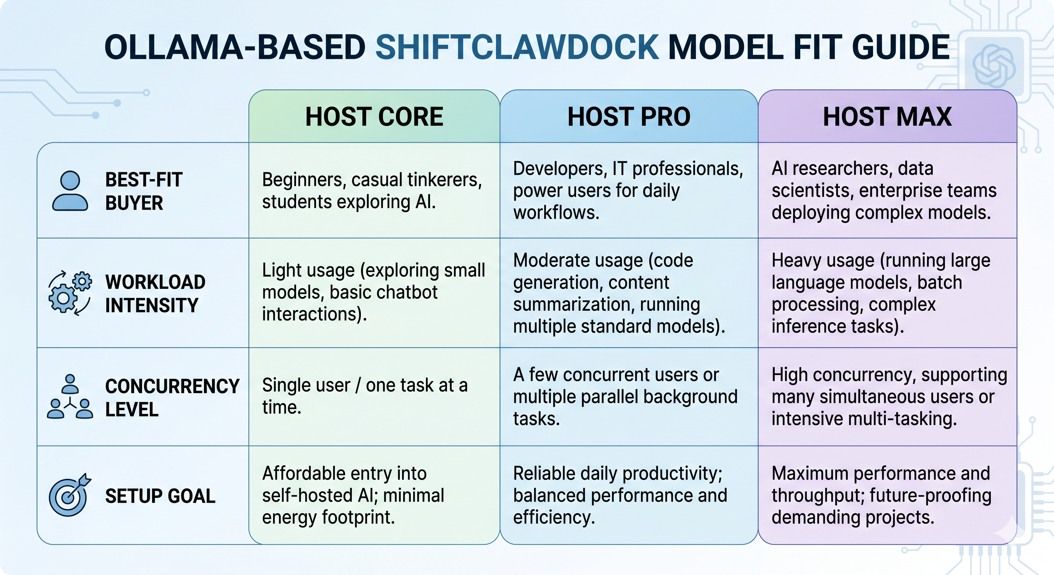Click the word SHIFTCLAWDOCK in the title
[517, 48]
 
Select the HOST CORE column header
[374, 117]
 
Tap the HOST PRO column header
[628, 117]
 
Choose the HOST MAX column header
[887, 117]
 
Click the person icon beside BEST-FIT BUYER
[70, 191]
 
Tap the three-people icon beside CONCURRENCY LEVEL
[70, 397]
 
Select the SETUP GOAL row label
[160, 496]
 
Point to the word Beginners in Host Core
[302, 180]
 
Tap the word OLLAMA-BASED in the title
[235, 48]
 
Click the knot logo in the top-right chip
[993, 66]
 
